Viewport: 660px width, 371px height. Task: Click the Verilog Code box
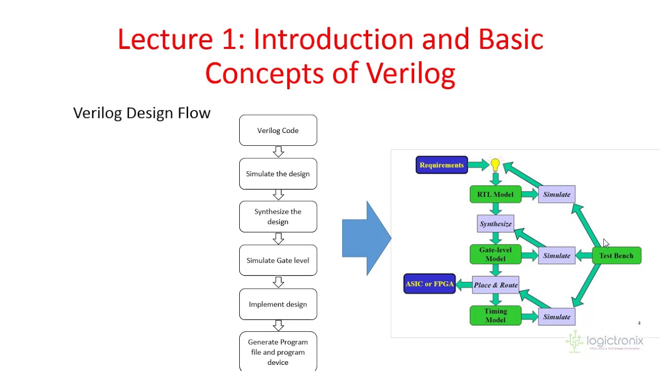(x=278, y=130)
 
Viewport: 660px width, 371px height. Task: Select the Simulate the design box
(x=278, y=174)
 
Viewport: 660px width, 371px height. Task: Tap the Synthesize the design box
(x=278, y=216)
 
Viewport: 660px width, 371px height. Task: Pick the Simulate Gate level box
(x=278, y=260)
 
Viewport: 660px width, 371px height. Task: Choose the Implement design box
(x=278, y=304)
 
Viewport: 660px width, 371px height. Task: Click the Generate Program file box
(x=278, y=351)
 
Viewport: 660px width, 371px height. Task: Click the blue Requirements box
(x=441, y=165)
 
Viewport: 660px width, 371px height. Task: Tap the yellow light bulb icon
(x=495, y=165)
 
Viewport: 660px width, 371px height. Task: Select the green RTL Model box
(x=495, y=194)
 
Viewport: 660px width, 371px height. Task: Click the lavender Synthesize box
(x=496, y=224)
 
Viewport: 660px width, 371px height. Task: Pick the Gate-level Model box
(x=495, y=255)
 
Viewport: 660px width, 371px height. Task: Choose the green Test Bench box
(x=616, y=256)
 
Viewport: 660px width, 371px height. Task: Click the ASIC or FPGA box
(x=430, y=284)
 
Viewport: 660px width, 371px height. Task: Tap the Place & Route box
(x=496, y=285)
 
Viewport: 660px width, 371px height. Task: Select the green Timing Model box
(x=495, y=315)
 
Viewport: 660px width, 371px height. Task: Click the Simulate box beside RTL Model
(x=556, y=194)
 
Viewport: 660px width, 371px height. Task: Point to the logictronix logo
(x=605, y=342)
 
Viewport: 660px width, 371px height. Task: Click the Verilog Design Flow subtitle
(x=142, y=113)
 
